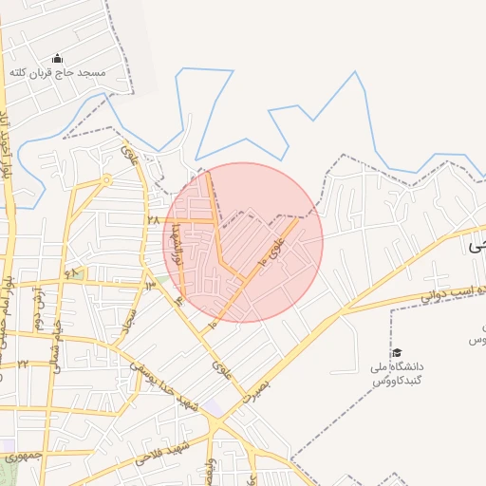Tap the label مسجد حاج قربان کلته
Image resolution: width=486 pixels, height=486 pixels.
[x=57, y=73]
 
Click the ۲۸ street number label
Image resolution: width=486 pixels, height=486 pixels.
[x=152, y=219]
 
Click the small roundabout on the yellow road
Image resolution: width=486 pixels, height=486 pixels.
[x=107, y=178]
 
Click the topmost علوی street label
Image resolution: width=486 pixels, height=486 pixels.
[x=131, y=155]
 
